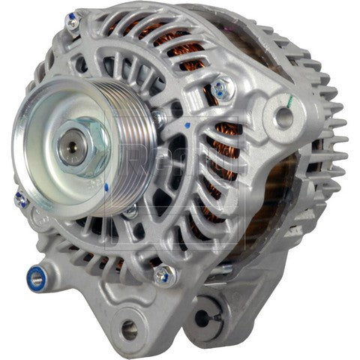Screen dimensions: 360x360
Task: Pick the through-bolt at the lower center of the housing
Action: [163, 274]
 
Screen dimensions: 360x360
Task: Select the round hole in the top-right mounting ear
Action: [283, 116]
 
